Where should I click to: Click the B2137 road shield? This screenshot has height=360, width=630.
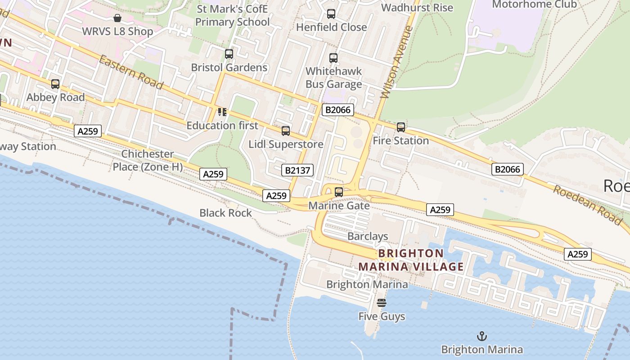[297, 170]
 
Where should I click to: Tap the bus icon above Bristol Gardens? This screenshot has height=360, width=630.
[229, 54]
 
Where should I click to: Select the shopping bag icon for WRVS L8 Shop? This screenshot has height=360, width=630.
[117, 18]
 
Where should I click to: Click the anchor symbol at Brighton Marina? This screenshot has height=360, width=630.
[482, 336]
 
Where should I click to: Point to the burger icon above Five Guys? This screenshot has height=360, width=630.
[382, 303]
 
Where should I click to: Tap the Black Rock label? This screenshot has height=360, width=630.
[225, 213]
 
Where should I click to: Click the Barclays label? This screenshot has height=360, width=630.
[368, 236]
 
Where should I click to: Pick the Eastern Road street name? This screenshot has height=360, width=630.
[131, 72]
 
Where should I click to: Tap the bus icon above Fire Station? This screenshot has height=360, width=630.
[401, 127]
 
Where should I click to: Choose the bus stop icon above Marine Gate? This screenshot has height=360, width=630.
[339, 192]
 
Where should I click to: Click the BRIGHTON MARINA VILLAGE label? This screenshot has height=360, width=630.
[411, 260]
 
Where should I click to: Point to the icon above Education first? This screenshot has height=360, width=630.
[222, 112]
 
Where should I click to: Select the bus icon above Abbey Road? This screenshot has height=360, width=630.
[55, 84]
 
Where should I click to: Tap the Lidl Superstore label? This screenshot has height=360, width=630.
[286, 144]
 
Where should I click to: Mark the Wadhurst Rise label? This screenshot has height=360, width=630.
[417, 8]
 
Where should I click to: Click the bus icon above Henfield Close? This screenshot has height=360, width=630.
[331, 14]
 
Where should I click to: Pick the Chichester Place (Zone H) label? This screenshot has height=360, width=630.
[148, 160]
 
